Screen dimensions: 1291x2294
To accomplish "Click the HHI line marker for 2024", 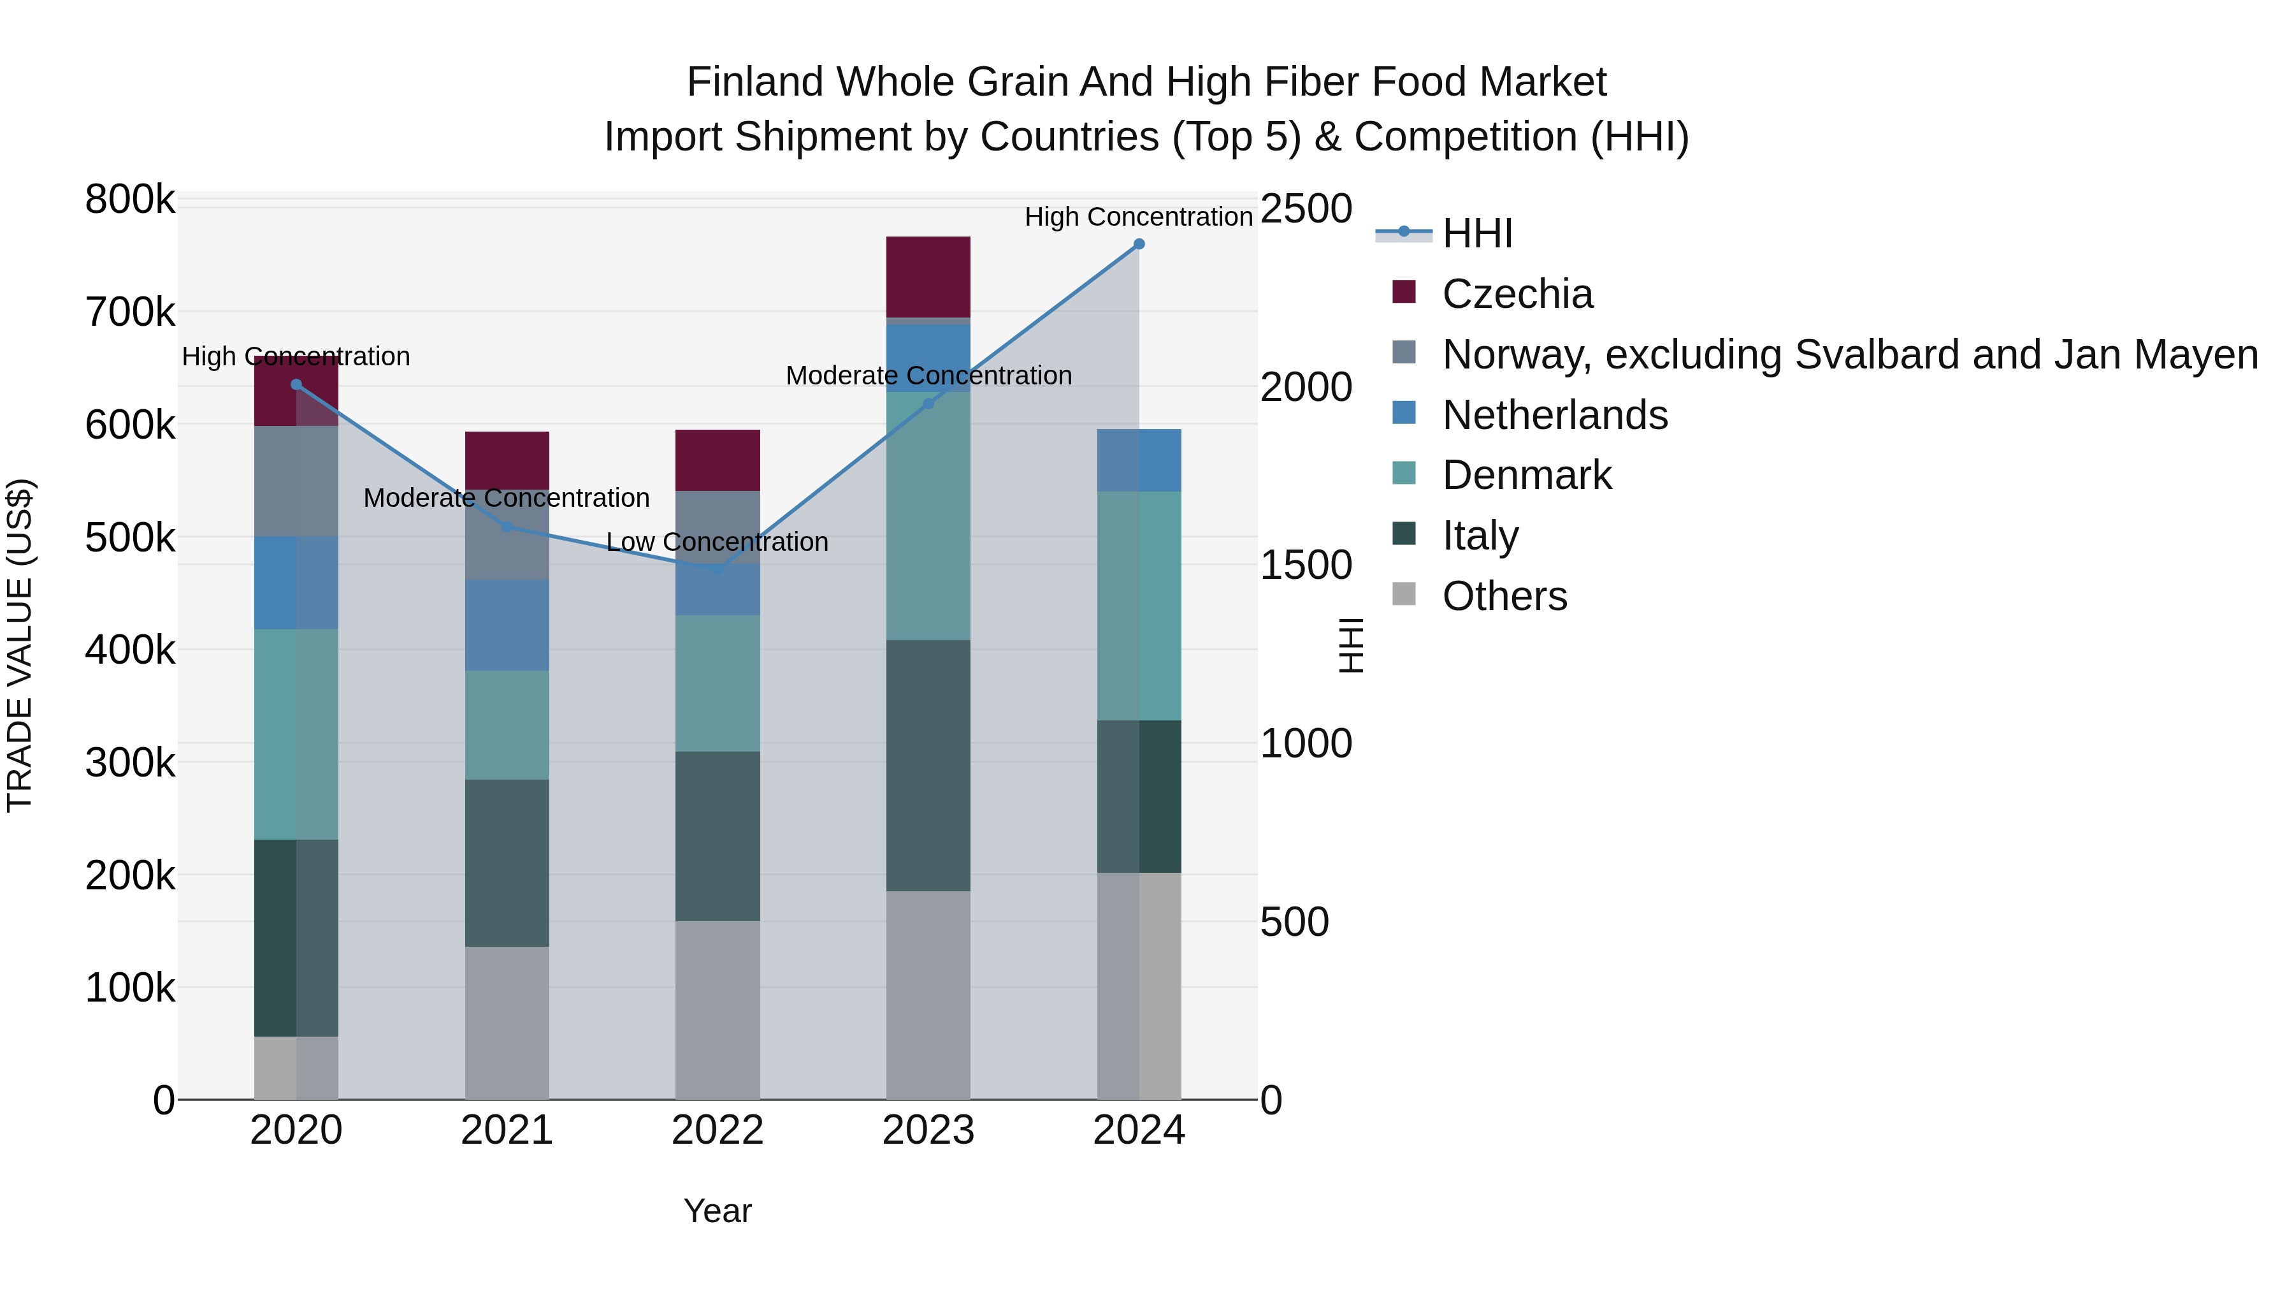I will pos(1138,244).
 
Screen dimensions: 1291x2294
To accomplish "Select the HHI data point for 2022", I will pos(718,569).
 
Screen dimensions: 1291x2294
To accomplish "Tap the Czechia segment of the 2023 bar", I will pos(928,276).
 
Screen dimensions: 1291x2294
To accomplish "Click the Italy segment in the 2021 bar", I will pos(507,863).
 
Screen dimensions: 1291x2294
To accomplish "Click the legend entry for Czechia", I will pos(1517,294).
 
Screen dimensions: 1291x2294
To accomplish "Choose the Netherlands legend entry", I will pos(1554,415).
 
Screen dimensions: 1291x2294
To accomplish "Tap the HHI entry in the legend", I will pos(1476,233).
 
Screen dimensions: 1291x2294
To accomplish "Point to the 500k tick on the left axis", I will pos(130,537).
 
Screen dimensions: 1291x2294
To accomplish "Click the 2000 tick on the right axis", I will pos(1306,388).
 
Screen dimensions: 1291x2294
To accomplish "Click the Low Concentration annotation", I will pos(717,542).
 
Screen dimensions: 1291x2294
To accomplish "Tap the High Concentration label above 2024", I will pos(1138,217).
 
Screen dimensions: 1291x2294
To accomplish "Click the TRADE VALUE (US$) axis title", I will pos(20,645).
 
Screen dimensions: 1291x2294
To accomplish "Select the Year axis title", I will pos(717,1211).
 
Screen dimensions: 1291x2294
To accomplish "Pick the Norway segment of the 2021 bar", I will pos(507,535).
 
